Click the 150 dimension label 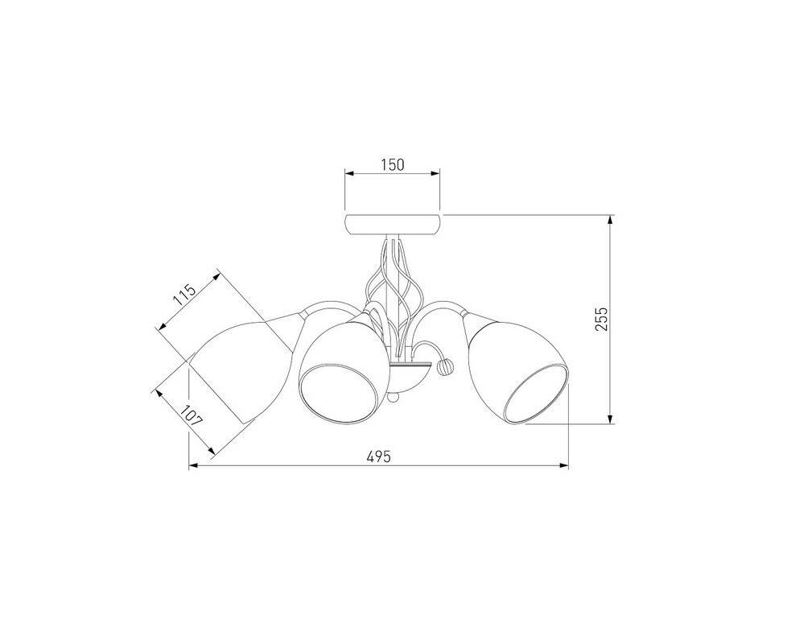click(393, 165)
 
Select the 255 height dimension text click(601, 320)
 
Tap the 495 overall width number click(378, 456)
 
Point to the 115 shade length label click(184, 295)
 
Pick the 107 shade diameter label click(192, 415)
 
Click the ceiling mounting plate click(393, 225)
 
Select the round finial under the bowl click(394, 398)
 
